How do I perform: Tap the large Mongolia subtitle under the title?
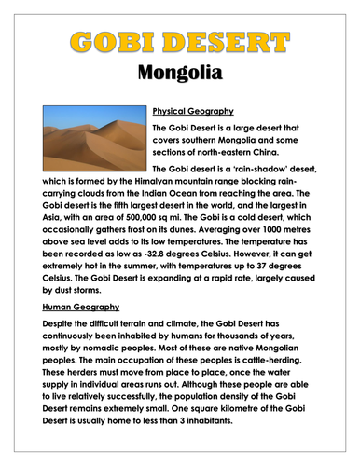coord(179,72)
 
